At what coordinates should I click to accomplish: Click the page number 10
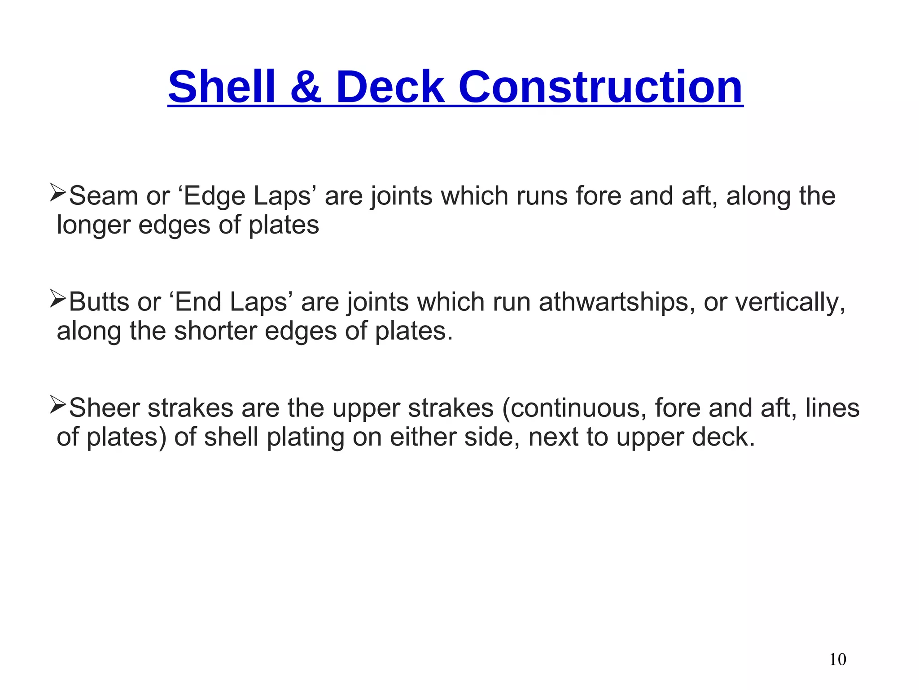[838, 659]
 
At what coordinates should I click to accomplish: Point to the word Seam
[104, 196]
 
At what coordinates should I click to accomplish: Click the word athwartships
[613, 302]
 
